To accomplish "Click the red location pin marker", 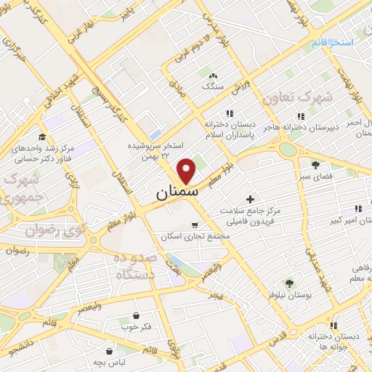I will click(187, 170).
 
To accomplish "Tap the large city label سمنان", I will click(175, 194).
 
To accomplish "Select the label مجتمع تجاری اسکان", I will click(195, 237).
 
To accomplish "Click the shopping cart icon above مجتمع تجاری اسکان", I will click(195, 225).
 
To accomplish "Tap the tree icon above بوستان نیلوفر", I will click(289, 283).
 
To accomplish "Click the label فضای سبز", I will click(316, 176).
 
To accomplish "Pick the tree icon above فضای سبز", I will click(315, 164).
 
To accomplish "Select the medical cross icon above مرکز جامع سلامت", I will click(251, 198).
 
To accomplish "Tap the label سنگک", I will click(213, 86).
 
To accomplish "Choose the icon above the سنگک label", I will click(213, 76).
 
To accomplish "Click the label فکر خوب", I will click(137, 327).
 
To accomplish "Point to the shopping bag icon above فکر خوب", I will click(137, 315).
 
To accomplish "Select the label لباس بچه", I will click(109, 362).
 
